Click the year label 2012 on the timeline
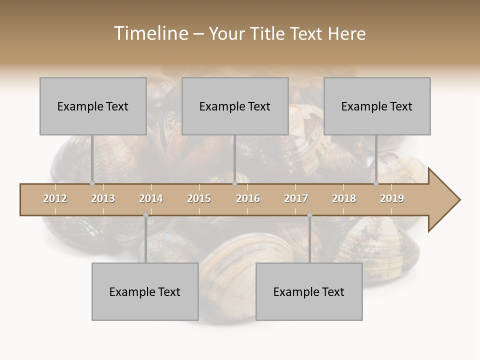pos(55,198)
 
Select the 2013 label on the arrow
pos(103,198)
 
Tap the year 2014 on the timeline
pos(151,198)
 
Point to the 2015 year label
pos(199,198)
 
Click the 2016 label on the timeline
pos(248,198)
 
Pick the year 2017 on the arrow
pos(296,198)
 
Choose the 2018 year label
pos(344,198)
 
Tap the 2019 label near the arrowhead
pos(392,198)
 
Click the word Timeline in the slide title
pos(150,33)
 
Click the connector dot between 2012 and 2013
pos(92,183)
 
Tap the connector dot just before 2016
pos(234,183)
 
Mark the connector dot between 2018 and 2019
pos(376,183)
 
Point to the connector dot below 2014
pos(145,215)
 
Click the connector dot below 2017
pos(309,215)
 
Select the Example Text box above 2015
pos(235,106)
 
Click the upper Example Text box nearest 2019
pos(377,106)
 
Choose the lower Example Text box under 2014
pos(145,291)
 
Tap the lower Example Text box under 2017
pos(309,291)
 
